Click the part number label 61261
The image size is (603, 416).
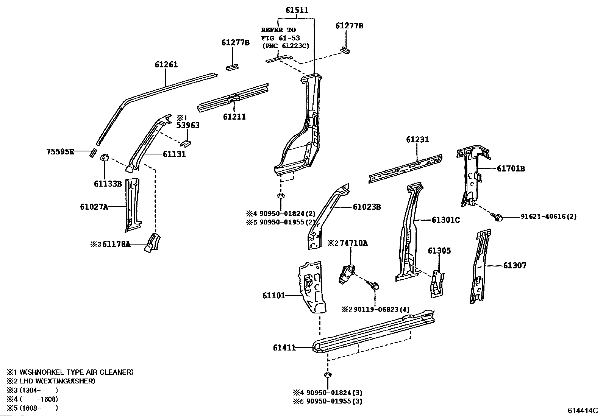tap(166, 65)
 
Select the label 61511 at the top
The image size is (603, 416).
tap(297, 10)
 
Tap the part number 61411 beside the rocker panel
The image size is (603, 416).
tap(284, 347)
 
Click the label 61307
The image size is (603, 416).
tap(515, 266)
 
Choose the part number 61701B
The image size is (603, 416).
tap(511, 169)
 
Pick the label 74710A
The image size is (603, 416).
tap(353, 243)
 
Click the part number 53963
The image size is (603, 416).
tap(188, 125)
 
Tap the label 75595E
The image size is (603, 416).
tap(60, 152)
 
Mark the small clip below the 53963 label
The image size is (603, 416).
tap(185, 143)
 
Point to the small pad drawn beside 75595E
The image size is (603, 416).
tap(92, 153)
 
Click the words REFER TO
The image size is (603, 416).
tap(278, 30)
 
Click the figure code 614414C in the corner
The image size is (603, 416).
tap(582, 411)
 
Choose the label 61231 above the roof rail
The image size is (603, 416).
tap(417, 140)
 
